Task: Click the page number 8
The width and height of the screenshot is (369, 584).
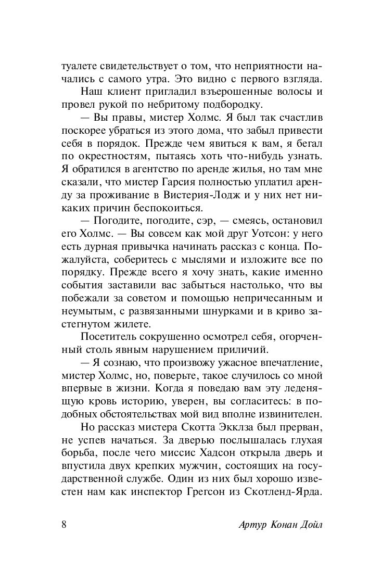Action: tap(64, 524)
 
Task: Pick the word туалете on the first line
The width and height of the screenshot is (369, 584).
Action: tap(78, 66)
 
